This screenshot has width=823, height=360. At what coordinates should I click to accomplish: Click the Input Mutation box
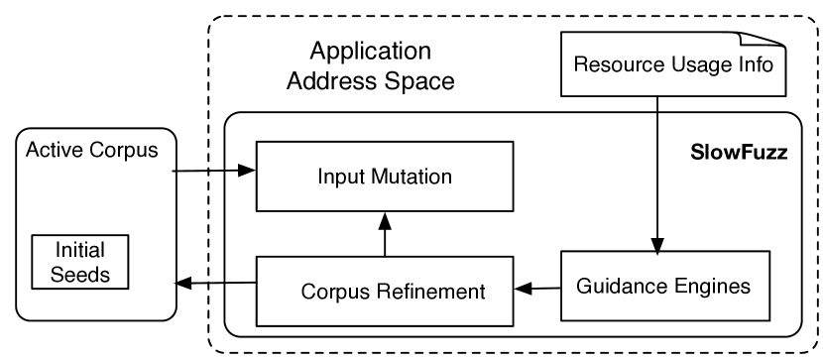click(x=385, y=177)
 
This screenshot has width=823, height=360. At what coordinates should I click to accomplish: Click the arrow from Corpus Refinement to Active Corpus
click(x=214, y=285)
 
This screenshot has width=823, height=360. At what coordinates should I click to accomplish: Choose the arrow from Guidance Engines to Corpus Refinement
click(x=536, y=289)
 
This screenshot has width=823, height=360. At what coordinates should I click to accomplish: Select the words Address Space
click(x=370, y=81)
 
